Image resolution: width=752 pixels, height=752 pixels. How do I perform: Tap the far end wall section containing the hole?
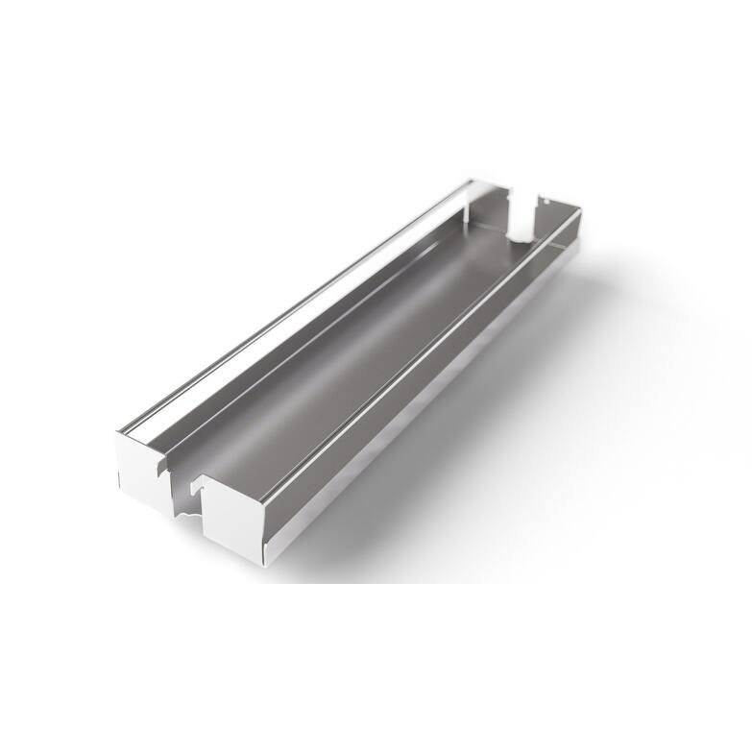click(557, 209)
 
